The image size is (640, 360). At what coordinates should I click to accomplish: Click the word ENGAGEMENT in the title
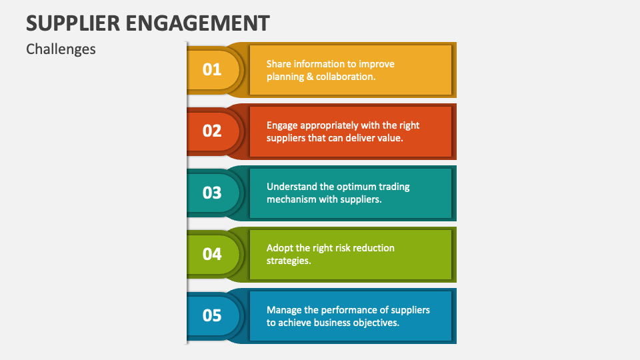[x=197, y=23]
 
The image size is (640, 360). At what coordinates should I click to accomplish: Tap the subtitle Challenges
[x=61, y=49]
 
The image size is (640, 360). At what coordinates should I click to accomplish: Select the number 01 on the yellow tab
[x=212, y=69]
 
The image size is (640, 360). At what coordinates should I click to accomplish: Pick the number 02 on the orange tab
[x=212, y=131]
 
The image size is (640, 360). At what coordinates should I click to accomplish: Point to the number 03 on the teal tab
[x=212, y=192]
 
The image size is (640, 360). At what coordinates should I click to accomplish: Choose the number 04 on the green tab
[x=212, y=254]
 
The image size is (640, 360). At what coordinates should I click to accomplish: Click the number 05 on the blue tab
[x=212, y=315]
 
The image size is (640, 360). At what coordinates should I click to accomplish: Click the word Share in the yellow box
[x=279, y=64]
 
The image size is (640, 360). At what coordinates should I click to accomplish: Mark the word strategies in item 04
[x=289, y=261]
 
